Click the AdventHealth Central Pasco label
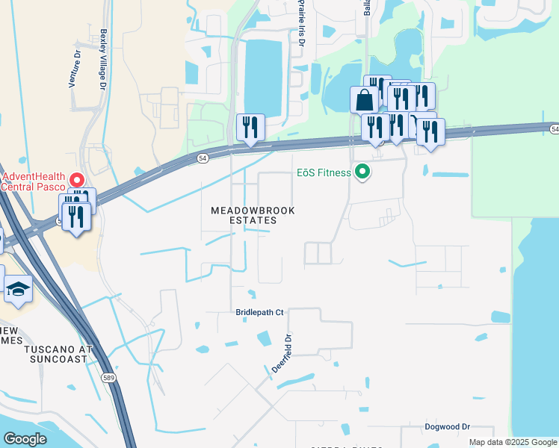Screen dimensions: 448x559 33,181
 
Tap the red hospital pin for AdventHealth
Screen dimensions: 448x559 76,180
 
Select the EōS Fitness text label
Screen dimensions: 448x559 321,173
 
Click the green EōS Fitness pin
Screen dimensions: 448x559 362,172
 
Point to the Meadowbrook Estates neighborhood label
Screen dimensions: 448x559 253,216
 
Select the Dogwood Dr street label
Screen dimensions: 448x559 447,426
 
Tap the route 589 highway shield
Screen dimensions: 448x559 108,379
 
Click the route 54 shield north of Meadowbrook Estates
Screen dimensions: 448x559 203,158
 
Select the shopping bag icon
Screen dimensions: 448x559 364,98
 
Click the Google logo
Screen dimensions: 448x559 25,439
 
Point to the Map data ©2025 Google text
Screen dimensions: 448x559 513,442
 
